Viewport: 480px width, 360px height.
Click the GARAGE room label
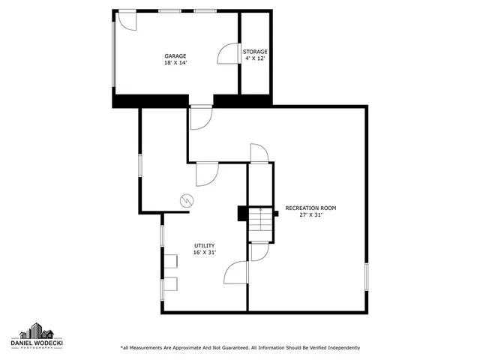coord(175,56)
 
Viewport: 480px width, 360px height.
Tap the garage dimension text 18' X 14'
coord(175,63)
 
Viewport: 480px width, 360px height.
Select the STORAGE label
coord(255,52)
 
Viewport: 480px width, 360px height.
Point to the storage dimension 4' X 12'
coord(255,58)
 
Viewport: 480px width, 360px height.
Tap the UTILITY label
coord(205,245)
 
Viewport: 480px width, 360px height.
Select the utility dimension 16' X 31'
coord(205,252)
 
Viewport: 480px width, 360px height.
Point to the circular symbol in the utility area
coord(186,200)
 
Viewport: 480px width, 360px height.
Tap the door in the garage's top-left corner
coord(127,20)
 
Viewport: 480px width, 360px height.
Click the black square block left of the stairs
coord(242,214)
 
